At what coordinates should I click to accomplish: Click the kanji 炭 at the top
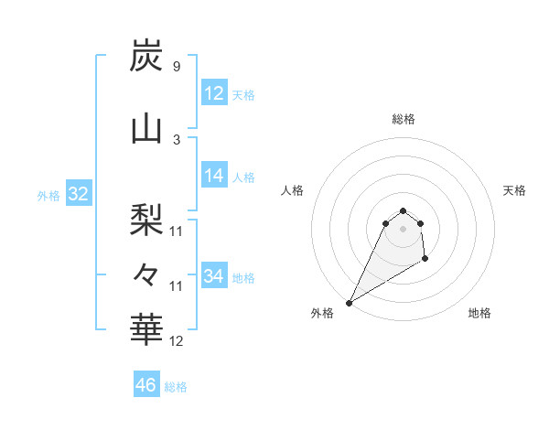[x=146, y=57]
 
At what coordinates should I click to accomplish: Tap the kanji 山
[x=146, y=131]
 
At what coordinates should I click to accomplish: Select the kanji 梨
[x=146, y=218]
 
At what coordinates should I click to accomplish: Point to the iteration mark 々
[x=146, y=273]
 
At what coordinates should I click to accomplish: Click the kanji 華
[x=146, y=328]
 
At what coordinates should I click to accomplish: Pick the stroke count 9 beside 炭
[x=176, y=66]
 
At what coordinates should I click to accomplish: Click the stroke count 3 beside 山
[x=176, y=139]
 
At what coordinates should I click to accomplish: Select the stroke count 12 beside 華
[x=177, y=341]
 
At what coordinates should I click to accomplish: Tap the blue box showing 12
[x=214, y=93]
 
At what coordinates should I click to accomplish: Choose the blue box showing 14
[x=214, y=176]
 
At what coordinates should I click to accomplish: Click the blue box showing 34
[x=214, y=276]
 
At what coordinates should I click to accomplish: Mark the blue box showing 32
[x=78, y=194]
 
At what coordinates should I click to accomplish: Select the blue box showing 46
[x=146, y=385]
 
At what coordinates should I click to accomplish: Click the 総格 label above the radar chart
[x=404, y=119]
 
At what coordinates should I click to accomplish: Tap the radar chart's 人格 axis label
[x=293, y=190]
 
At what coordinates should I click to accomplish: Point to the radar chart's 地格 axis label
[x=479, y=313]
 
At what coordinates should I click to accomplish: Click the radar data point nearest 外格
[x=349, y=302]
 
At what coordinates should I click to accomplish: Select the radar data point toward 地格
[x=425, y=260]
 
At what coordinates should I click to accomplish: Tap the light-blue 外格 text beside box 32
[x=48, y=195]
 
